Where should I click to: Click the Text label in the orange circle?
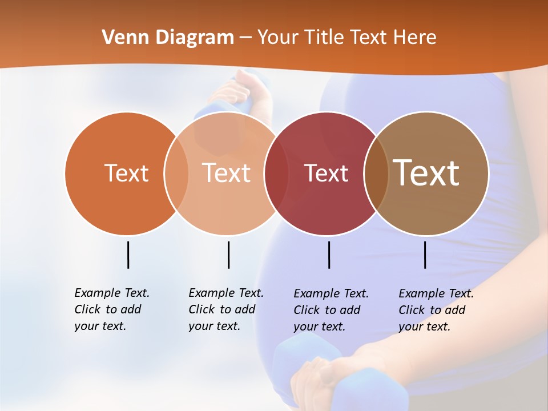tap(126, 173)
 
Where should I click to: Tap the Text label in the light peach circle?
tap(226, 173)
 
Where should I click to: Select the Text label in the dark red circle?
tap(326, 174)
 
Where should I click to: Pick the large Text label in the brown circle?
tap(426, 172)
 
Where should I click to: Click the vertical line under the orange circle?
tap(128, 255)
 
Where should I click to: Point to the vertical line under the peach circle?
tap(228, 255)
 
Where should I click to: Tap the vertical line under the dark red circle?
tap(329, 255)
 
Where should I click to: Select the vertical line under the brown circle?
tap(425, 255)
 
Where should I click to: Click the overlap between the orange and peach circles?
tap(176, 173)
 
